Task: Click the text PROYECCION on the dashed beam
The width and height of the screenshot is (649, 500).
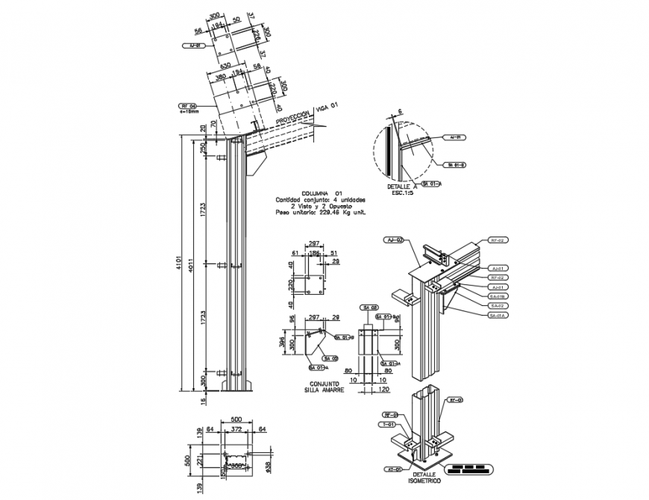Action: (292, 119)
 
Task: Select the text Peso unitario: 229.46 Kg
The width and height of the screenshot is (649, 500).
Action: (321, 212)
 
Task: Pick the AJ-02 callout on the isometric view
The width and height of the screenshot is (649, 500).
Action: (395, 240)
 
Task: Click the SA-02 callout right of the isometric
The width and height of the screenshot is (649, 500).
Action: (498, 306)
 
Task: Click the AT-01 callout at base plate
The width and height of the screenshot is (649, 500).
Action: (395, 469)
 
